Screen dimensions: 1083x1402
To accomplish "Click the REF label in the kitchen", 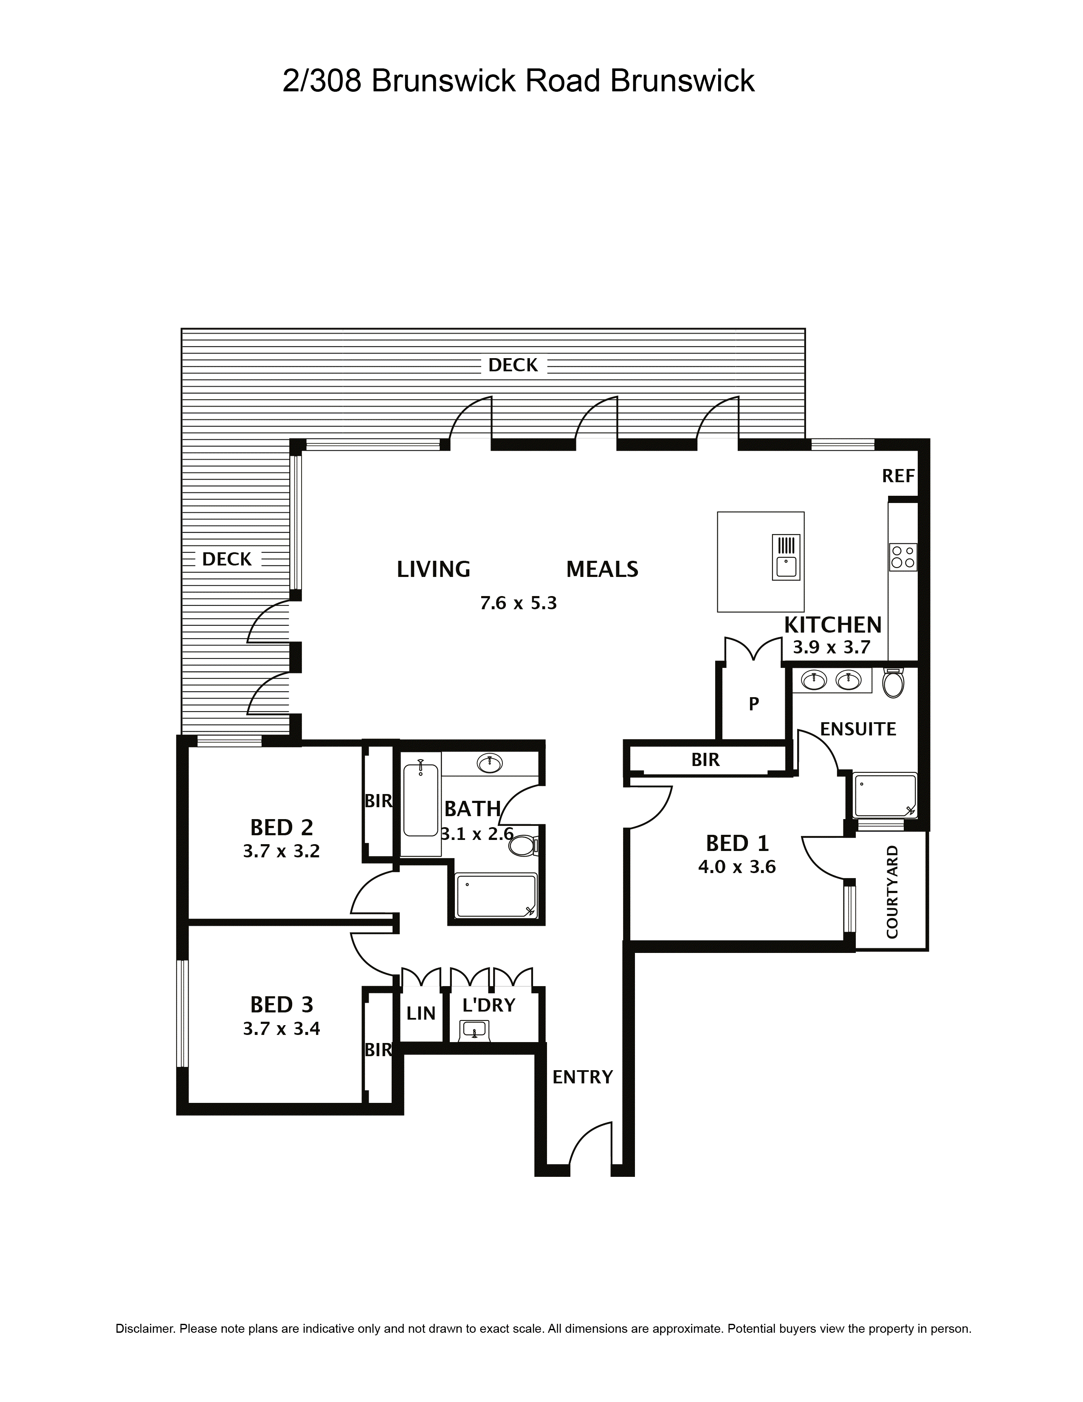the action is click(x=897, y=476).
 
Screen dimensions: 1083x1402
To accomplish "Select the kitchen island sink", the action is click(x=786, y=557).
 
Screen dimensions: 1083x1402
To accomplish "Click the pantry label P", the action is click(x=754, y=704).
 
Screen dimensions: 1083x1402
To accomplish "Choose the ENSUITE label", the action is click(x=858, y=729).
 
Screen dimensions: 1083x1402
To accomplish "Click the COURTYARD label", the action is click(x=892, y=892).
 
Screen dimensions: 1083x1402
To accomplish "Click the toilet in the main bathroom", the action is click(x=523, y=845).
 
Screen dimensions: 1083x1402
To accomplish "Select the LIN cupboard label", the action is click(x=421, y=1014).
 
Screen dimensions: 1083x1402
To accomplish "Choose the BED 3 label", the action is click(x=281, y=1004).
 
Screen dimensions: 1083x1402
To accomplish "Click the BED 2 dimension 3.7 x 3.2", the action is click(x=281, y=851).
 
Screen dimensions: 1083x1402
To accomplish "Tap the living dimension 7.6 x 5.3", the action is click(x=519, y=603).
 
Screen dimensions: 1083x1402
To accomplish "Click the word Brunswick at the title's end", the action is click(x=682, y=81).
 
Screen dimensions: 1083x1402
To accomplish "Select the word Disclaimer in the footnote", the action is click(x=144, y=1328).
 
